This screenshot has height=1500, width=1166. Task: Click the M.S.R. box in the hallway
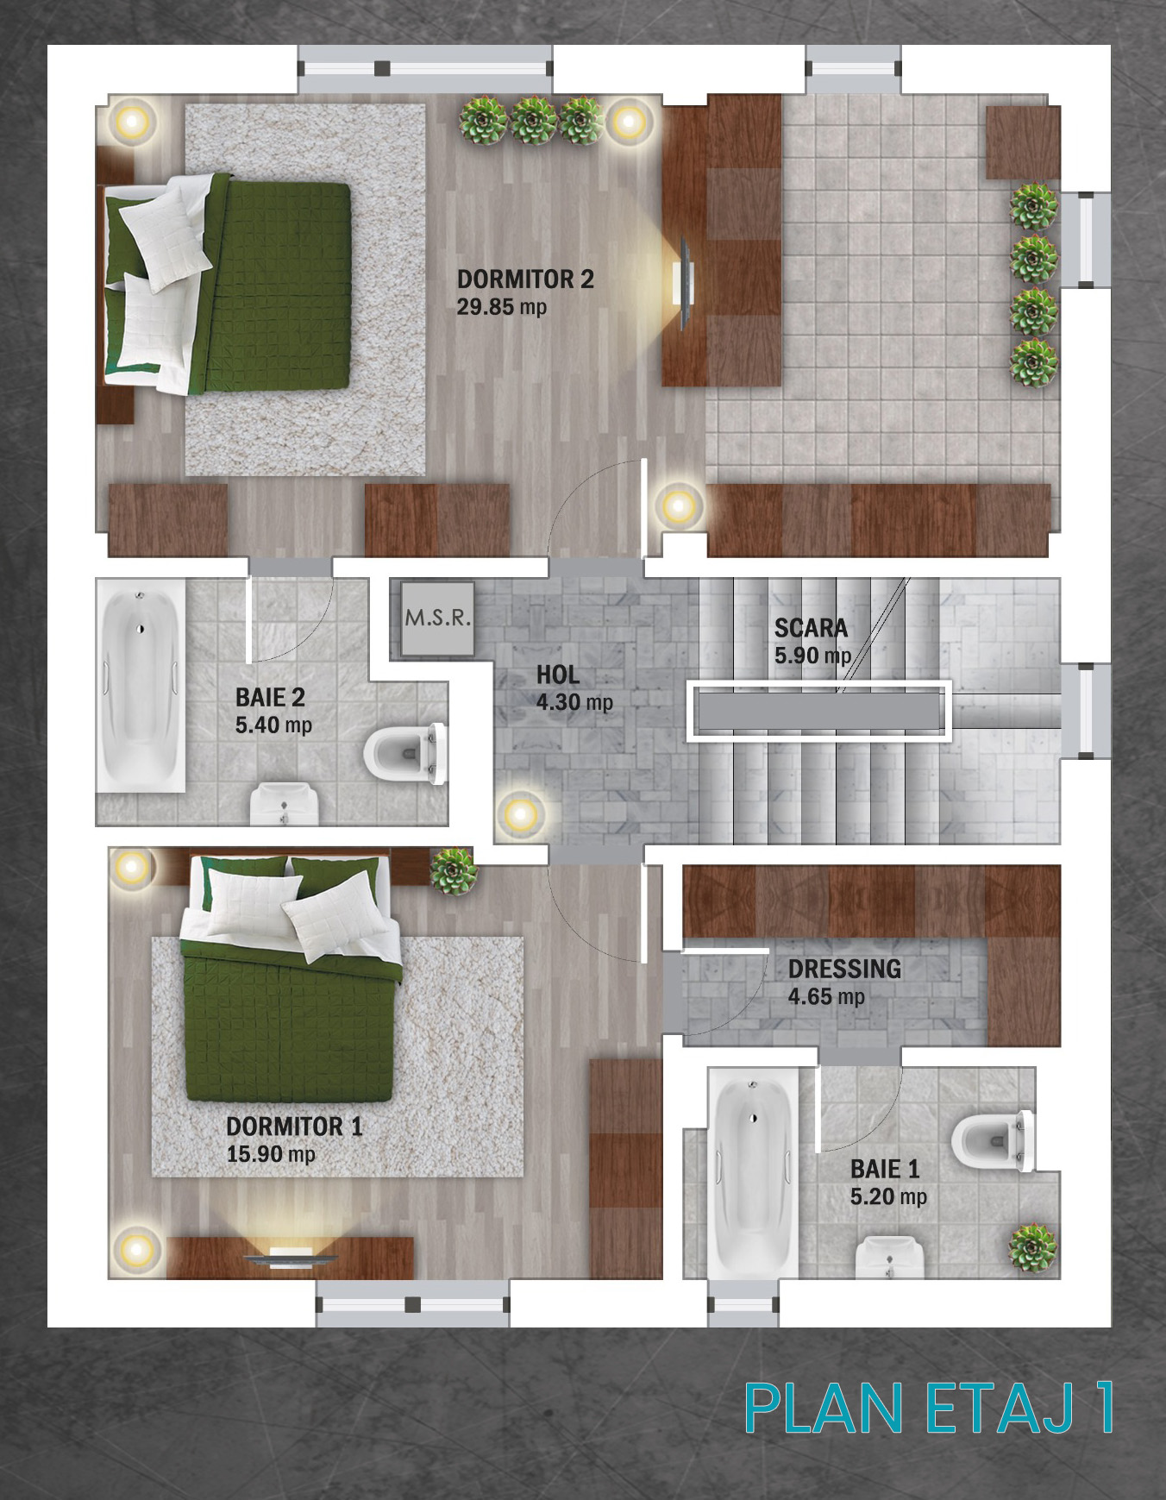pos(437,618)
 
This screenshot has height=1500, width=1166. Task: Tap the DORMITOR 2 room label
pos(525,279)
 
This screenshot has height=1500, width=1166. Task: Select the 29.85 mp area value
pos(502,307)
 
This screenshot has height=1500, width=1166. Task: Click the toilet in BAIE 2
pos(405,754)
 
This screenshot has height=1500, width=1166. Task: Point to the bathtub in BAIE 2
pos(141,686)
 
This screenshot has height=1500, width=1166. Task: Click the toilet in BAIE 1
pos(993,1140)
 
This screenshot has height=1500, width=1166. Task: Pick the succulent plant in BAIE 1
pos(1032,1247)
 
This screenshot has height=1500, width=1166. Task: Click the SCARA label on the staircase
pos(811,628)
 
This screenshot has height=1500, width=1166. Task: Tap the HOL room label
pos(558,675)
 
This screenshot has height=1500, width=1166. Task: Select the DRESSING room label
pos(844,969)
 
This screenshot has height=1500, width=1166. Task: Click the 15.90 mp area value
pos(271,1154)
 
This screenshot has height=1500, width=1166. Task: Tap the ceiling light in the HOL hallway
pos(520,813)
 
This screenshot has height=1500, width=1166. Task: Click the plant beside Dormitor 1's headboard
pos(453,871)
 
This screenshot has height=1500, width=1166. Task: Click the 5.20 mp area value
pos(888,1197)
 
